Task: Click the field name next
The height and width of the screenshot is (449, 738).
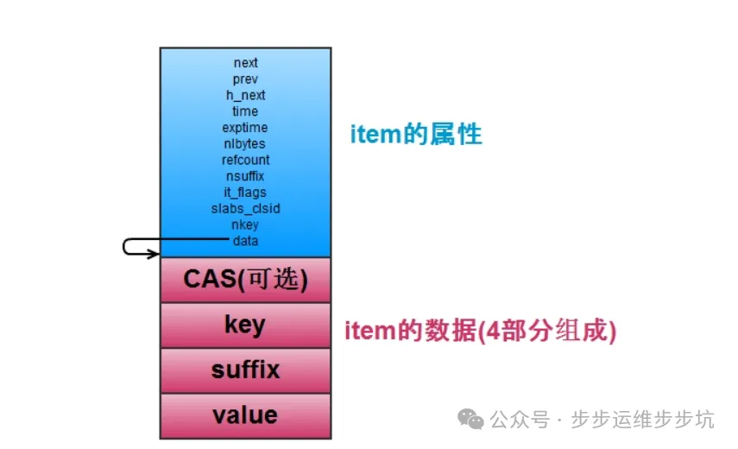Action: coord(245,63)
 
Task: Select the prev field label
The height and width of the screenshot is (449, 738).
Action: coord(245,79)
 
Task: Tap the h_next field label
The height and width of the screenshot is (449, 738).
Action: coord(245,96)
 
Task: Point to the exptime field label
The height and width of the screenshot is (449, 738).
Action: coord(245,128)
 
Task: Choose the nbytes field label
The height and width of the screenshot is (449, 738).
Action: coord(245,144)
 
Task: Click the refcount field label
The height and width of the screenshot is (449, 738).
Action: coord(245,160)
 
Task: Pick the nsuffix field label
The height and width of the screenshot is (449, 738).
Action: coord(245,176)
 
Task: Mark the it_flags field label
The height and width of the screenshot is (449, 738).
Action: coord(245,193)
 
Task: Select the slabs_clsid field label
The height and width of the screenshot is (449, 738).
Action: coord(245,208)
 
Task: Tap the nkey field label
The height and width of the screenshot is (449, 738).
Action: coord(245,224)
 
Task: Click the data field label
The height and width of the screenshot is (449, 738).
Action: coord(245,241)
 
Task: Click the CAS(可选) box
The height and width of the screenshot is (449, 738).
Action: coord(245,280)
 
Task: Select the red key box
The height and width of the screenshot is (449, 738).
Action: coord(245,325)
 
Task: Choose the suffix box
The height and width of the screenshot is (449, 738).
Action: coord(245,370)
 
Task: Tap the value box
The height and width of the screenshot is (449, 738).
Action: coord(245,415)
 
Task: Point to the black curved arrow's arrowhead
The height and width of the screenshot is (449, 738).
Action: coord(156,254)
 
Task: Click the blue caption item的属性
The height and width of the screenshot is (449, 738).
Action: coord(415,135)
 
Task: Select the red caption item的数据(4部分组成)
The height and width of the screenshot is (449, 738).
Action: coord(481,331)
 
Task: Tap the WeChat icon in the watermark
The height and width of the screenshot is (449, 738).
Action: coord(471,420)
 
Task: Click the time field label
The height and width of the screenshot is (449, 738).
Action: coord(245,111)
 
